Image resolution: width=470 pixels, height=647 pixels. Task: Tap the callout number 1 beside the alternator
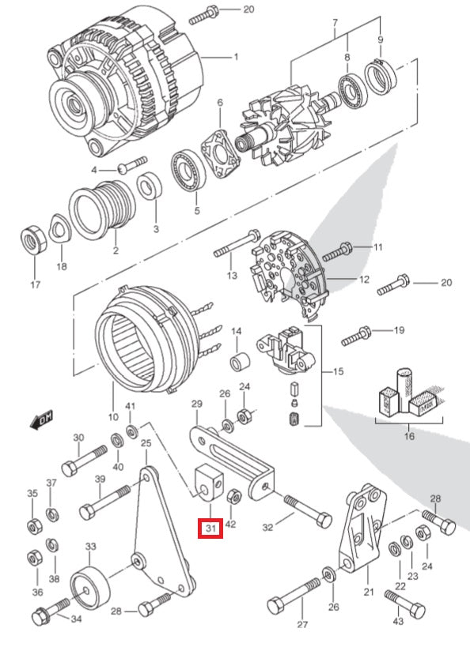pyautogui.click(x=235, y=57)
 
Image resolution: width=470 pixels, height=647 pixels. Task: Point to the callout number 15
pyautogui.click(x=338, y=371)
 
